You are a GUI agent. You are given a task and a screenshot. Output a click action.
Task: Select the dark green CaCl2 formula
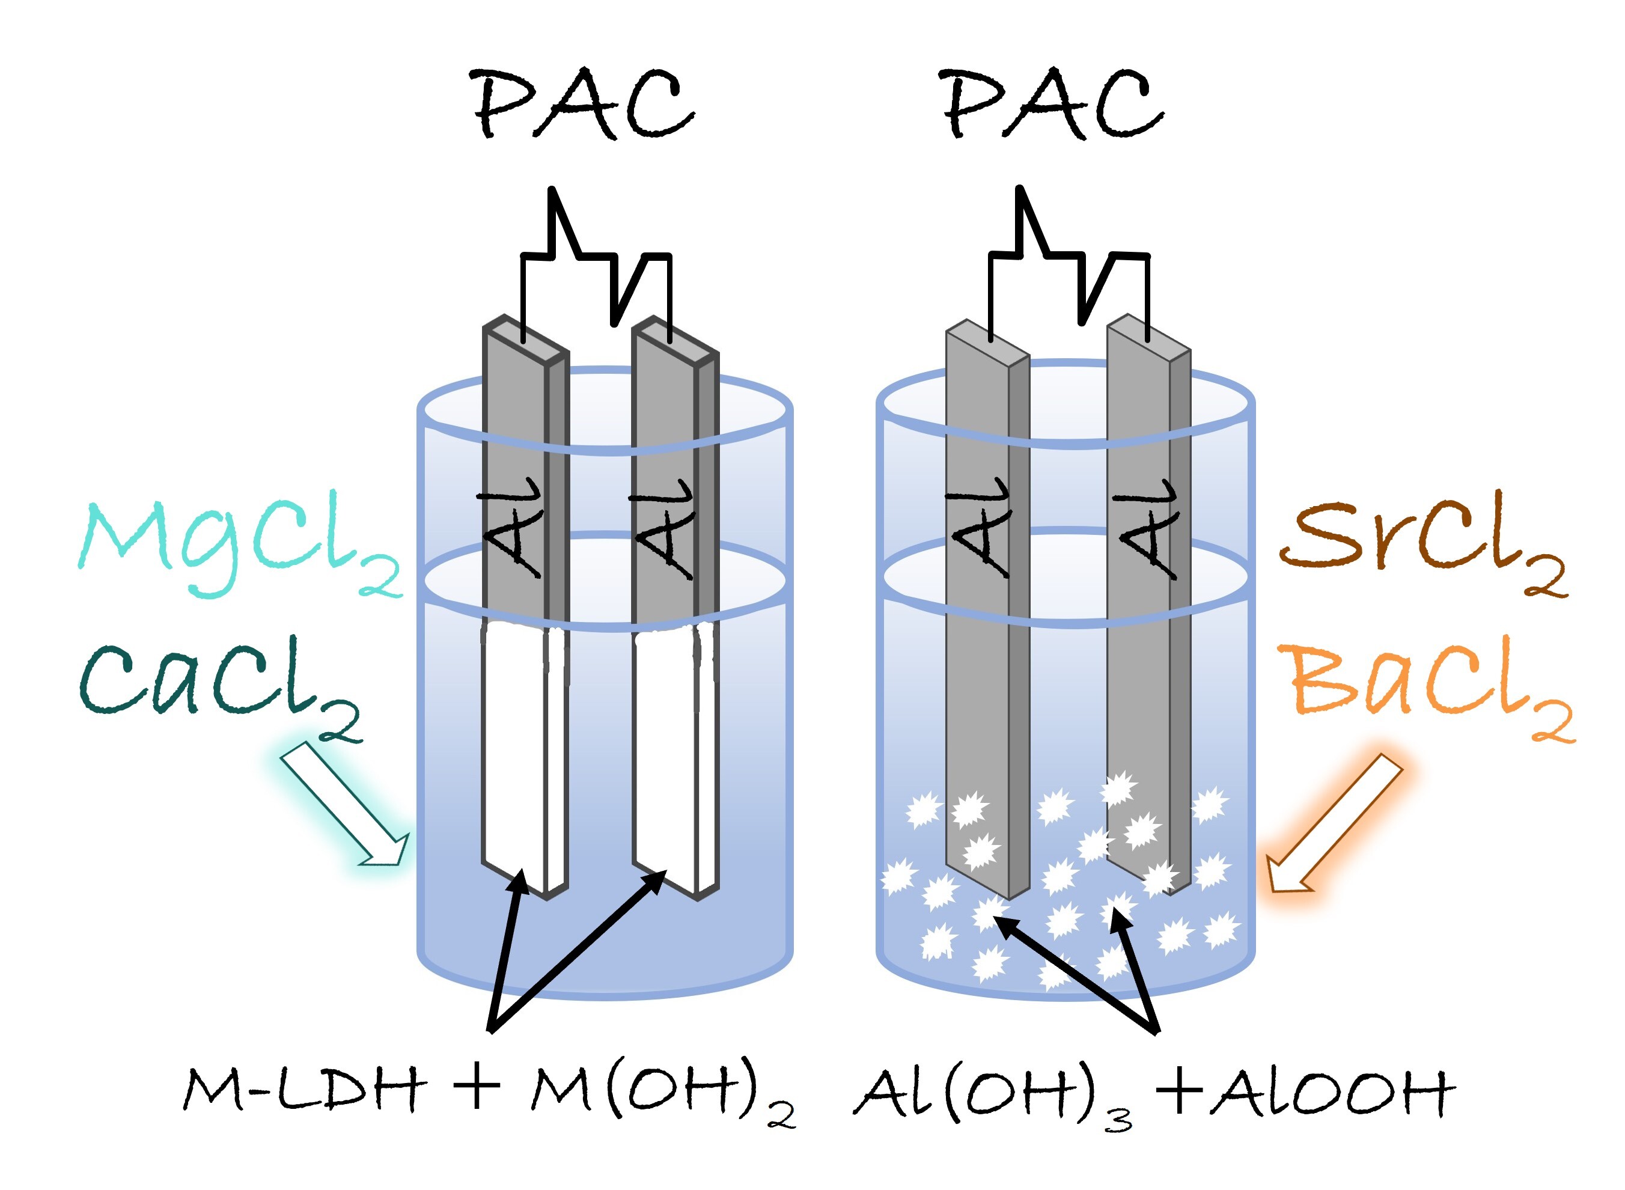click(x=220, y=688)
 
